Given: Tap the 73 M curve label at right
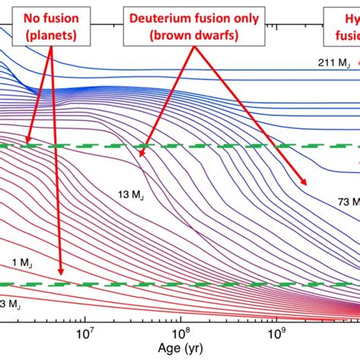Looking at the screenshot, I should pyautogui.click(x=346, y=201).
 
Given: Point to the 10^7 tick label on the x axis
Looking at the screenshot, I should pyautogui.click(x=85, y=332).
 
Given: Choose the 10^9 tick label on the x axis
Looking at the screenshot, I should pyautogui.click(x=276, y=332).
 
